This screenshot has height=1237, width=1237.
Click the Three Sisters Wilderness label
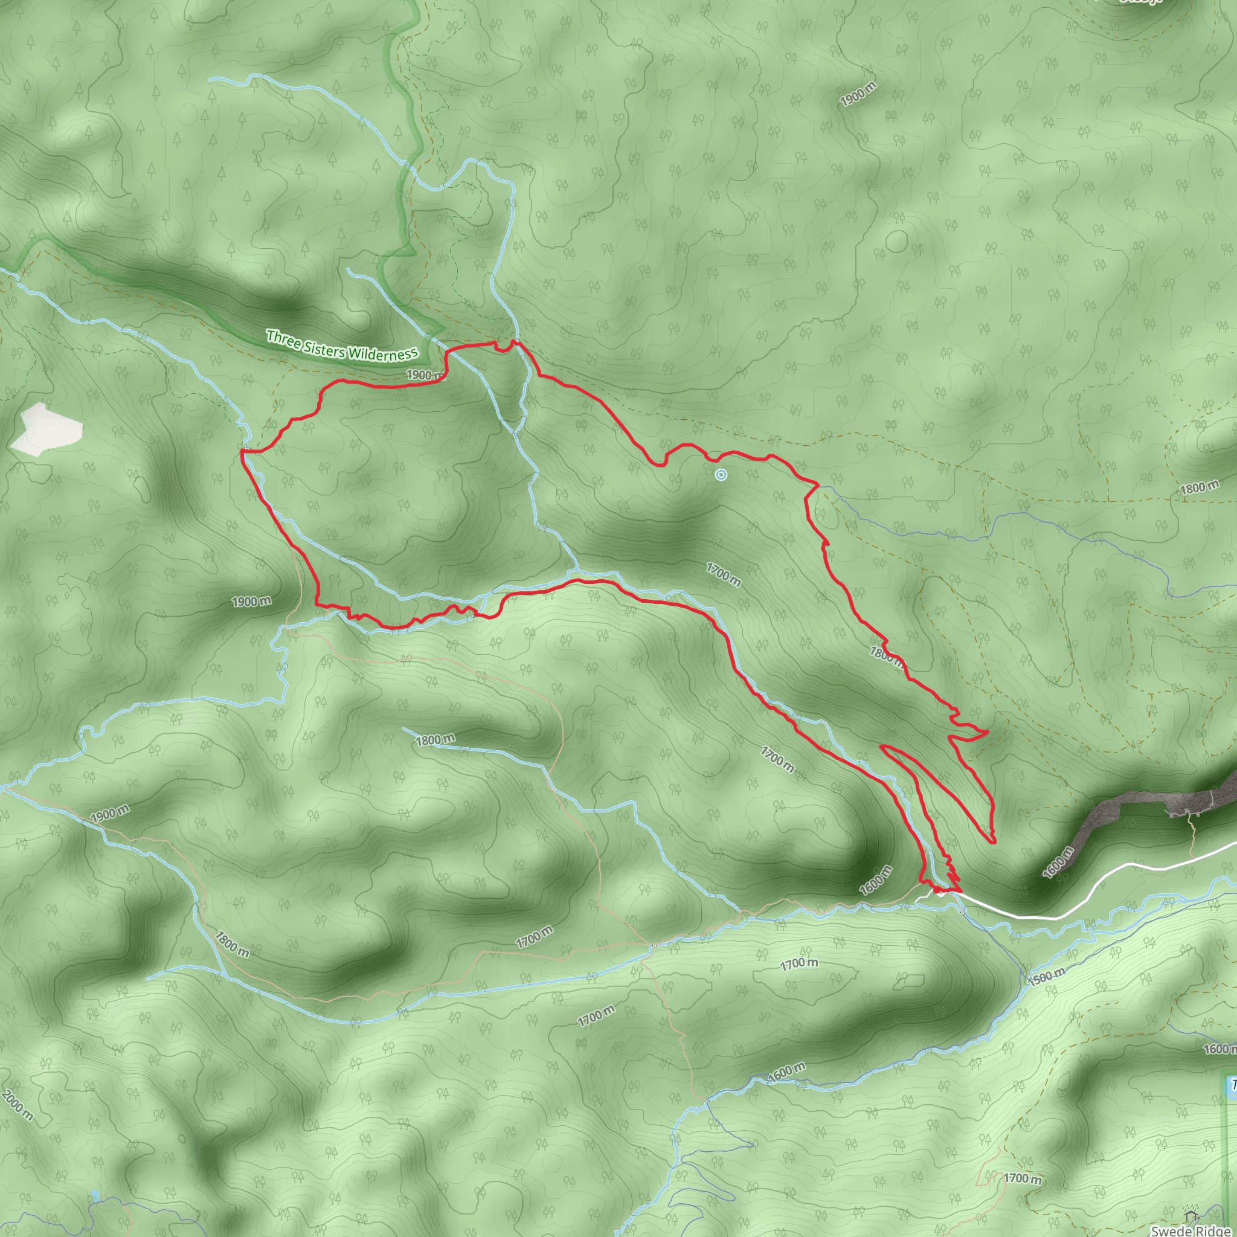(342, 345)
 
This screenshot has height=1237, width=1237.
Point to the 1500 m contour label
(1046, 976)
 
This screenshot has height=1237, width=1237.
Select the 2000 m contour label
(17, 1105)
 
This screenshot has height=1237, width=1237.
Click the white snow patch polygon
(48, 428)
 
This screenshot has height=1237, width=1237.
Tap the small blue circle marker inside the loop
(721, 474)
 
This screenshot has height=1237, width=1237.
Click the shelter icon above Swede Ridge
(1192, 1214)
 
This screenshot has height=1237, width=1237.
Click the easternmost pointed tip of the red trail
(988, 731)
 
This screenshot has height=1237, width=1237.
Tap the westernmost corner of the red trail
(242, 451)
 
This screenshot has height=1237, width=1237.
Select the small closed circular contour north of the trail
(896, 241)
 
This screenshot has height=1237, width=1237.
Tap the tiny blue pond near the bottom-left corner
(95, 1196)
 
